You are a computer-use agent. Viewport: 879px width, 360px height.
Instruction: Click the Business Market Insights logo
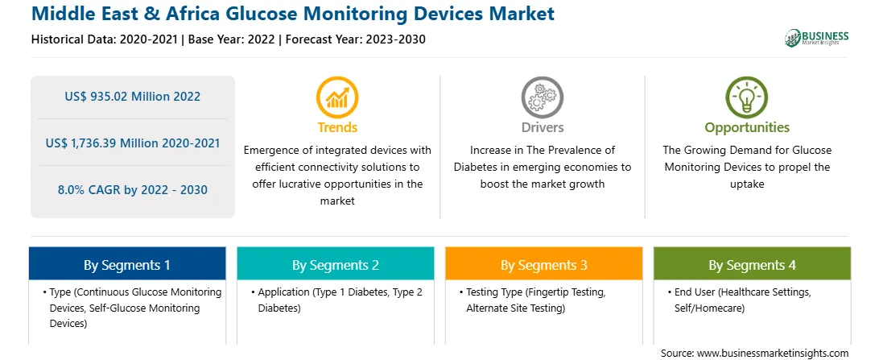click(816, 38)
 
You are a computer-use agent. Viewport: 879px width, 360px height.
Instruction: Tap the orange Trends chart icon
click(337, 97)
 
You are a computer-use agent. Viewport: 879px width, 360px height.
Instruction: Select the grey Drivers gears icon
click(542, 97)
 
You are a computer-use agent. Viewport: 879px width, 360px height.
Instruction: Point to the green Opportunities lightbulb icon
click(747, 97)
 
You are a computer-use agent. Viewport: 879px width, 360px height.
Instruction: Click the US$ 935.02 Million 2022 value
click(132, 97)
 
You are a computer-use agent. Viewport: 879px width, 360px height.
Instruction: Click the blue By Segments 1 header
click(127, 264)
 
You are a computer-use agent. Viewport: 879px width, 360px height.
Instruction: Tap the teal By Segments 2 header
click(335, 264)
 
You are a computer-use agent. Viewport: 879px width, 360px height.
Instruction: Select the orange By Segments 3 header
click(544, 264)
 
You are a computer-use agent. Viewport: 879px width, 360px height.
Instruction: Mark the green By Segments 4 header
click(753, 264)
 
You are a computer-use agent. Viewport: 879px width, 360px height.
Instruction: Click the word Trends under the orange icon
click(337, 127)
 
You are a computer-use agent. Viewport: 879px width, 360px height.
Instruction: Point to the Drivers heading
click(543, 127)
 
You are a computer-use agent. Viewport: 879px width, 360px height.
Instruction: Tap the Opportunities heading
click(747, 127)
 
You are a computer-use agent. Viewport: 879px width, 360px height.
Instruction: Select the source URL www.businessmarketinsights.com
click(772, 354)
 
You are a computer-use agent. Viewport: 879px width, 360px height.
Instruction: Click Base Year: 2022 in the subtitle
click(232, 39)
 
